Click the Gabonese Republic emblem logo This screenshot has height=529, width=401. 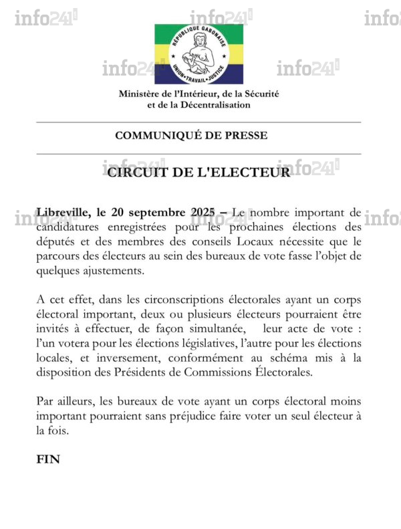click(199, 54)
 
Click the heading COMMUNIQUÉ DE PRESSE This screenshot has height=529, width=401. click(191, 136)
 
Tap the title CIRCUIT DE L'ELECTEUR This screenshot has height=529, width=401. click(199, 172)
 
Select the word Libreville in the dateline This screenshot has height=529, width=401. click(63, 213)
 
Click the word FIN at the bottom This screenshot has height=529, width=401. click(47, 460)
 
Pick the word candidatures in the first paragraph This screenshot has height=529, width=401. click(70, 227)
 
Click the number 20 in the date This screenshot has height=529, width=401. click(122, 213)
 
